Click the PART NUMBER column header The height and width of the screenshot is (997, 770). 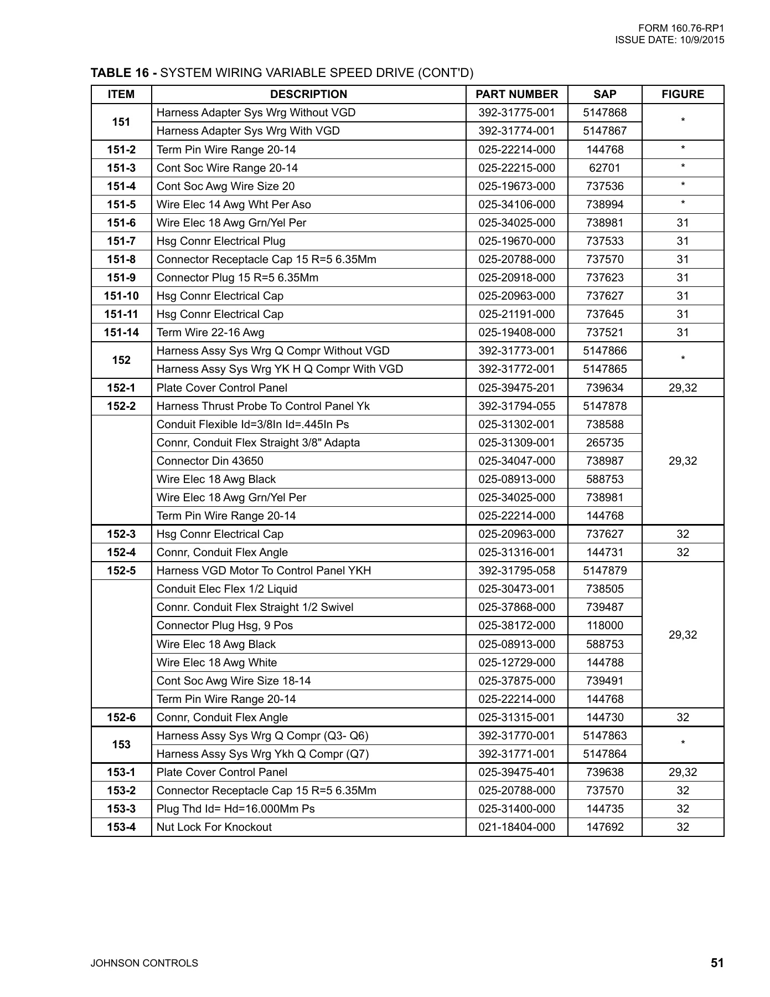coord(516,94)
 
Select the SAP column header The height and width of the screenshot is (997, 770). coord(604,94)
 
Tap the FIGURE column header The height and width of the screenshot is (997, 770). coord(683,94)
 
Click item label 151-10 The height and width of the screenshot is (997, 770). coord(121,296)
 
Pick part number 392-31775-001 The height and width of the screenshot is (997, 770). coord(516,112)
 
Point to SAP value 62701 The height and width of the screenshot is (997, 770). coord(604,168)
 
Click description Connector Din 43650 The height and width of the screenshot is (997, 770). coord(210,461)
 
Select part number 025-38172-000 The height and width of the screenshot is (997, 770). coord(516,625)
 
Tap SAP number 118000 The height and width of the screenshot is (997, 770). coord(604,625)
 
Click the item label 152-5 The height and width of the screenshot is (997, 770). coord(121,571)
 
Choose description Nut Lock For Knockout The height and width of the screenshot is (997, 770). coord(214,827)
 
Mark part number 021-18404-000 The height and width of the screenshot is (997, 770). coord(516,827)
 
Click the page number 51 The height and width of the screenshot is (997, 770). coord(717,963)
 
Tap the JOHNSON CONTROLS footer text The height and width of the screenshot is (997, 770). coord(144,963)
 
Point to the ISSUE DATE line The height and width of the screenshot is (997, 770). coord(669,40)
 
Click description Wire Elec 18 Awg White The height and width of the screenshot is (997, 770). coord(216,662)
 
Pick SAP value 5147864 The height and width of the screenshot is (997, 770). coord(604,754)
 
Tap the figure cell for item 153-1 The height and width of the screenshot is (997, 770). coord(683,772)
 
